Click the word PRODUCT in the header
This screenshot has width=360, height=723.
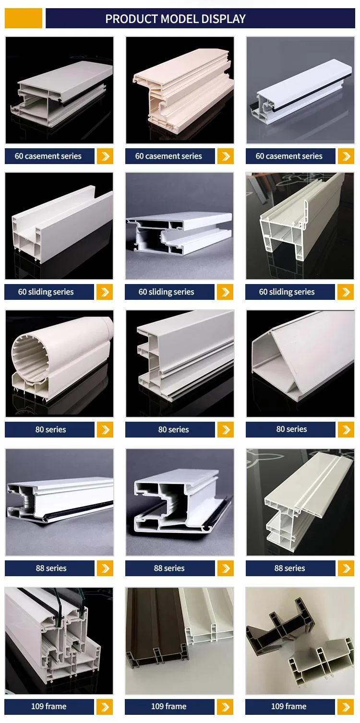[132, 19]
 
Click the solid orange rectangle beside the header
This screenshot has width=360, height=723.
[23, 18]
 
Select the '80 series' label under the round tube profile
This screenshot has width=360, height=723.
[51, 429]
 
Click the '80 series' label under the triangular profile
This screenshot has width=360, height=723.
[291, 429]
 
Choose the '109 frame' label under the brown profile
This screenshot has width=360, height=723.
[169, 707]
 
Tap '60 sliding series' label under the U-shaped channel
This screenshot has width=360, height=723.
[46, 292]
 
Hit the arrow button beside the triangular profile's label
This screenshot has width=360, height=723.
[346, 429]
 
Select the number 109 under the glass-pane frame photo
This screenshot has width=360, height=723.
[37, 707]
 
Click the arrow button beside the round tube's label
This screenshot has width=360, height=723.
[105, 429]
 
